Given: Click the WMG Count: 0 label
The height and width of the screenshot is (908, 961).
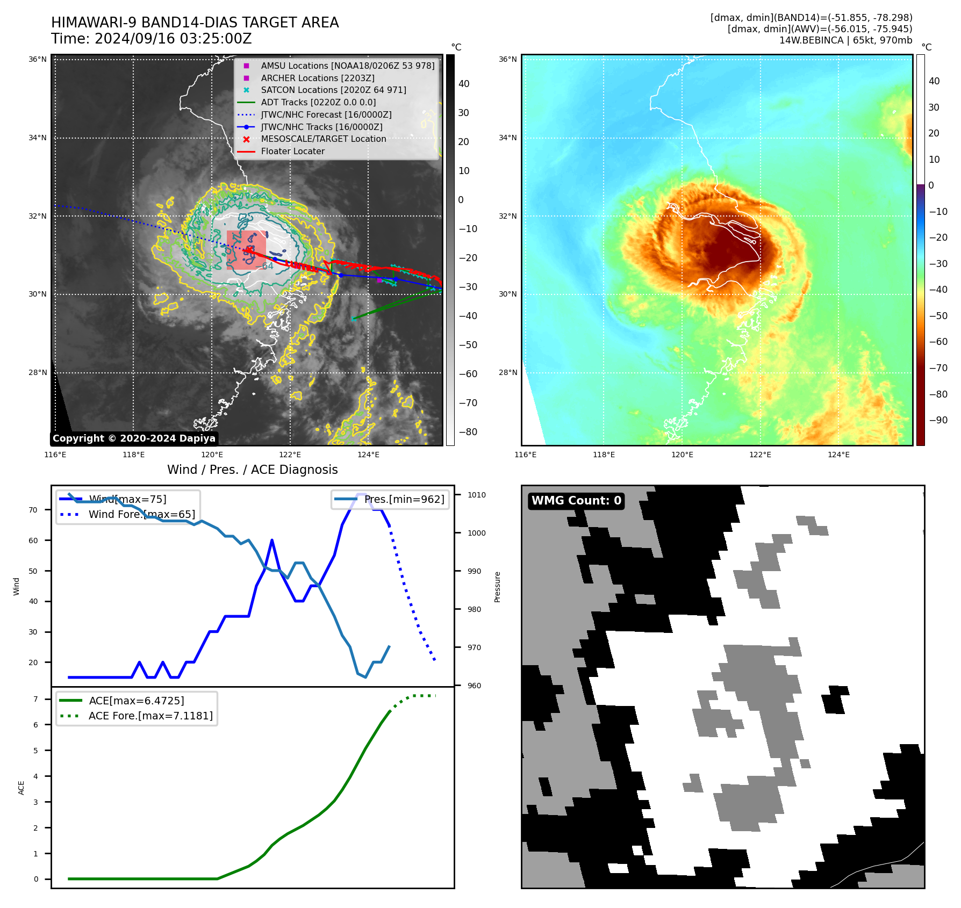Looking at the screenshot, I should pos(576,501).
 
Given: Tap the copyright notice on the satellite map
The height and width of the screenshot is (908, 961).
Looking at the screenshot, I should pos(134,438).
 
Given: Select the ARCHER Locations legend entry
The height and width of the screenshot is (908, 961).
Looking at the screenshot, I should pos(318,78).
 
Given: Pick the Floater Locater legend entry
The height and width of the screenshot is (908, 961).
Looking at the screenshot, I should pos(292,152).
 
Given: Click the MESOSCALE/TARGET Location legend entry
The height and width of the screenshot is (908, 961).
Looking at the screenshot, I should pos(323,139).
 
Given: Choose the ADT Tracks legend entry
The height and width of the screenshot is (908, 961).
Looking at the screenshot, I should pos(318,103).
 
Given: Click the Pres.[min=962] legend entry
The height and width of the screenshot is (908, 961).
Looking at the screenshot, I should pos(404,500).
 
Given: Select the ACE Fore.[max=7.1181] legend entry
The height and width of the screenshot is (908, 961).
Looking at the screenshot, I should pos(150,716).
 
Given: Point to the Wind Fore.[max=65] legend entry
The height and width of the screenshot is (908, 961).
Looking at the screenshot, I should pos(141,515).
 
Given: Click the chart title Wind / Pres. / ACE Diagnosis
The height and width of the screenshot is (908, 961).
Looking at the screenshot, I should pos(253,470).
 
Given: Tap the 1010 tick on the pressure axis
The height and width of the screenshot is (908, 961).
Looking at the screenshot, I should pos(476,495).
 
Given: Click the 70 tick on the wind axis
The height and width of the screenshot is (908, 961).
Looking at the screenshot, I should pos(33,510).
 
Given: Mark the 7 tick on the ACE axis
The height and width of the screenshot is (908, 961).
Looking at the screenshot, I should pos(35,699).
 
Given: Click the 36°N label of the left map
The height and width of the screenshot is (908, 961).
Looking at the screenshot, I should pos(38,60).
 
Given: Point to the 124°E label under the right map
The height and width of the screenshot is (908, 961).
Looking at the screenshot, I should pos(838,455).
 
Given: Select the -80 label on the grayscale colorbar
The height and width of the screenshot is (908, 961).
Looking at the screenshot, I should pos(468,432).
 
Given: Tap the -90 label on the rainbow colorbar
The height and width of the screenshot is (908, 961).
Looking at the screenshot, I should pos(938,420).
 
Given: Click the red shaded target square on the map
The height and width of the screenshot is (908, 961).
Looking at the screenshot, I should pos(246,250).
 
